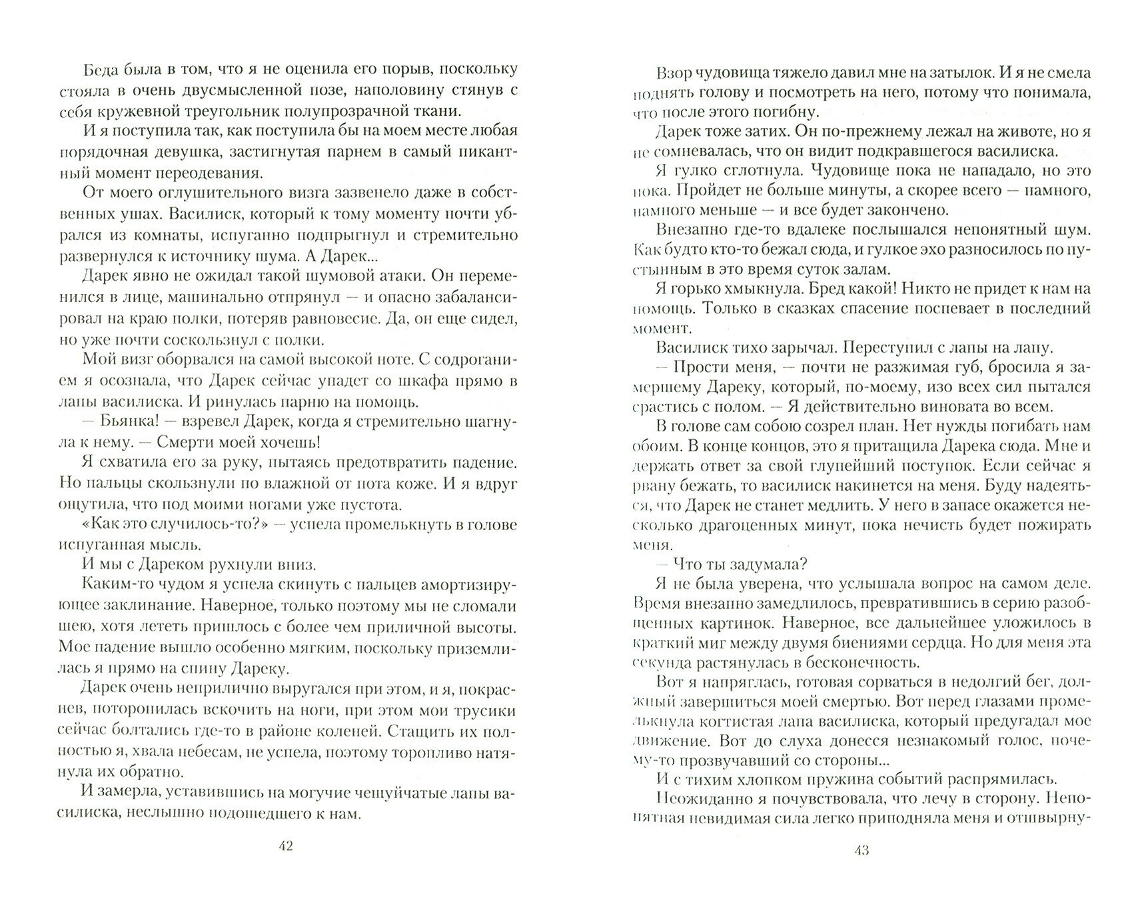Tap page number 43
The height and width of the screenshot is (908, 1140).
click(x=861, y=850)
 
